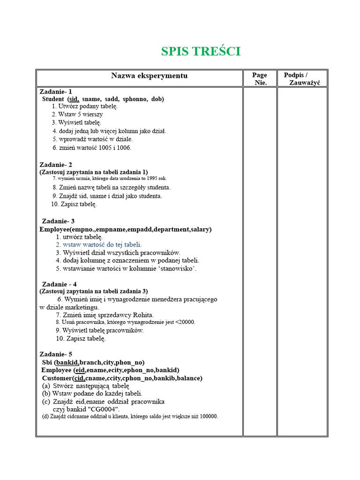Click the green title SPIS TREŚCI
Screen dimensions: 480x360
[201, 52]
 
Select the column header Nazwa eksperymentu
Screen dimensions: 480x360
[149, 75]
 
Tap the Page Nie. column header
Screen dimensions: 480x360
[260, 78]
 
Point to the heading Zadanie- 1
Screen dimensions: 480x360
[56, 91]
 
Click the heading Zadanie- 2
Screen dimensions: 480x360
[56, 165]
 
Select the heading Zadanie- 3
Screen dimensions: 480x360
[58, 221]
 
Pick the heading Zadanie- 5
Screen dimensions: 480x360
[56, 354]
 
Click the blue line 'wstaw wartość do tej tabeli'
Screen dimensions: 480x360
[98, 244]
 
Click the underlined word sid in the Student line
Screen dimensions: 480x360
[74, 99]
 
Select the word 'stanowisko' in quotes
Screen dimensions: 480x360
[177, 269]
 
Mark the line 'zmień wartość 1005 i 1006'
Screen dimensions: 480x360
[92, 148]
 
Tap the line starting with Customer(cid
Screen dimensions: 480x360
[122, 378]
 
